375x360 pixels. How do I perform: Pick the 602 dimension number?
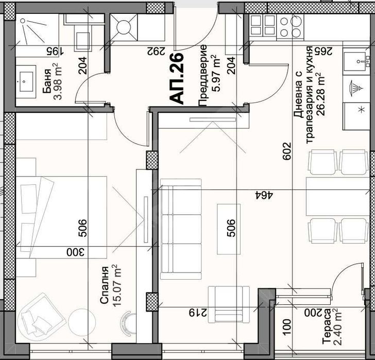pyautogui.click(x=287, y=151)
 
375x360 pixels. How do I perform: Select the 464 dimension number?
pyautogui.click(x=265, y=195)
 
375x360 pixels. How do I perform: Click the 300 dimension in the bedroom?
pyautogui.click(x=75, y=252)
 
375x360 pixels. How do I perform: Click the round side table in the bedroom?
pyautogui.click(x=79, y=321)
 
